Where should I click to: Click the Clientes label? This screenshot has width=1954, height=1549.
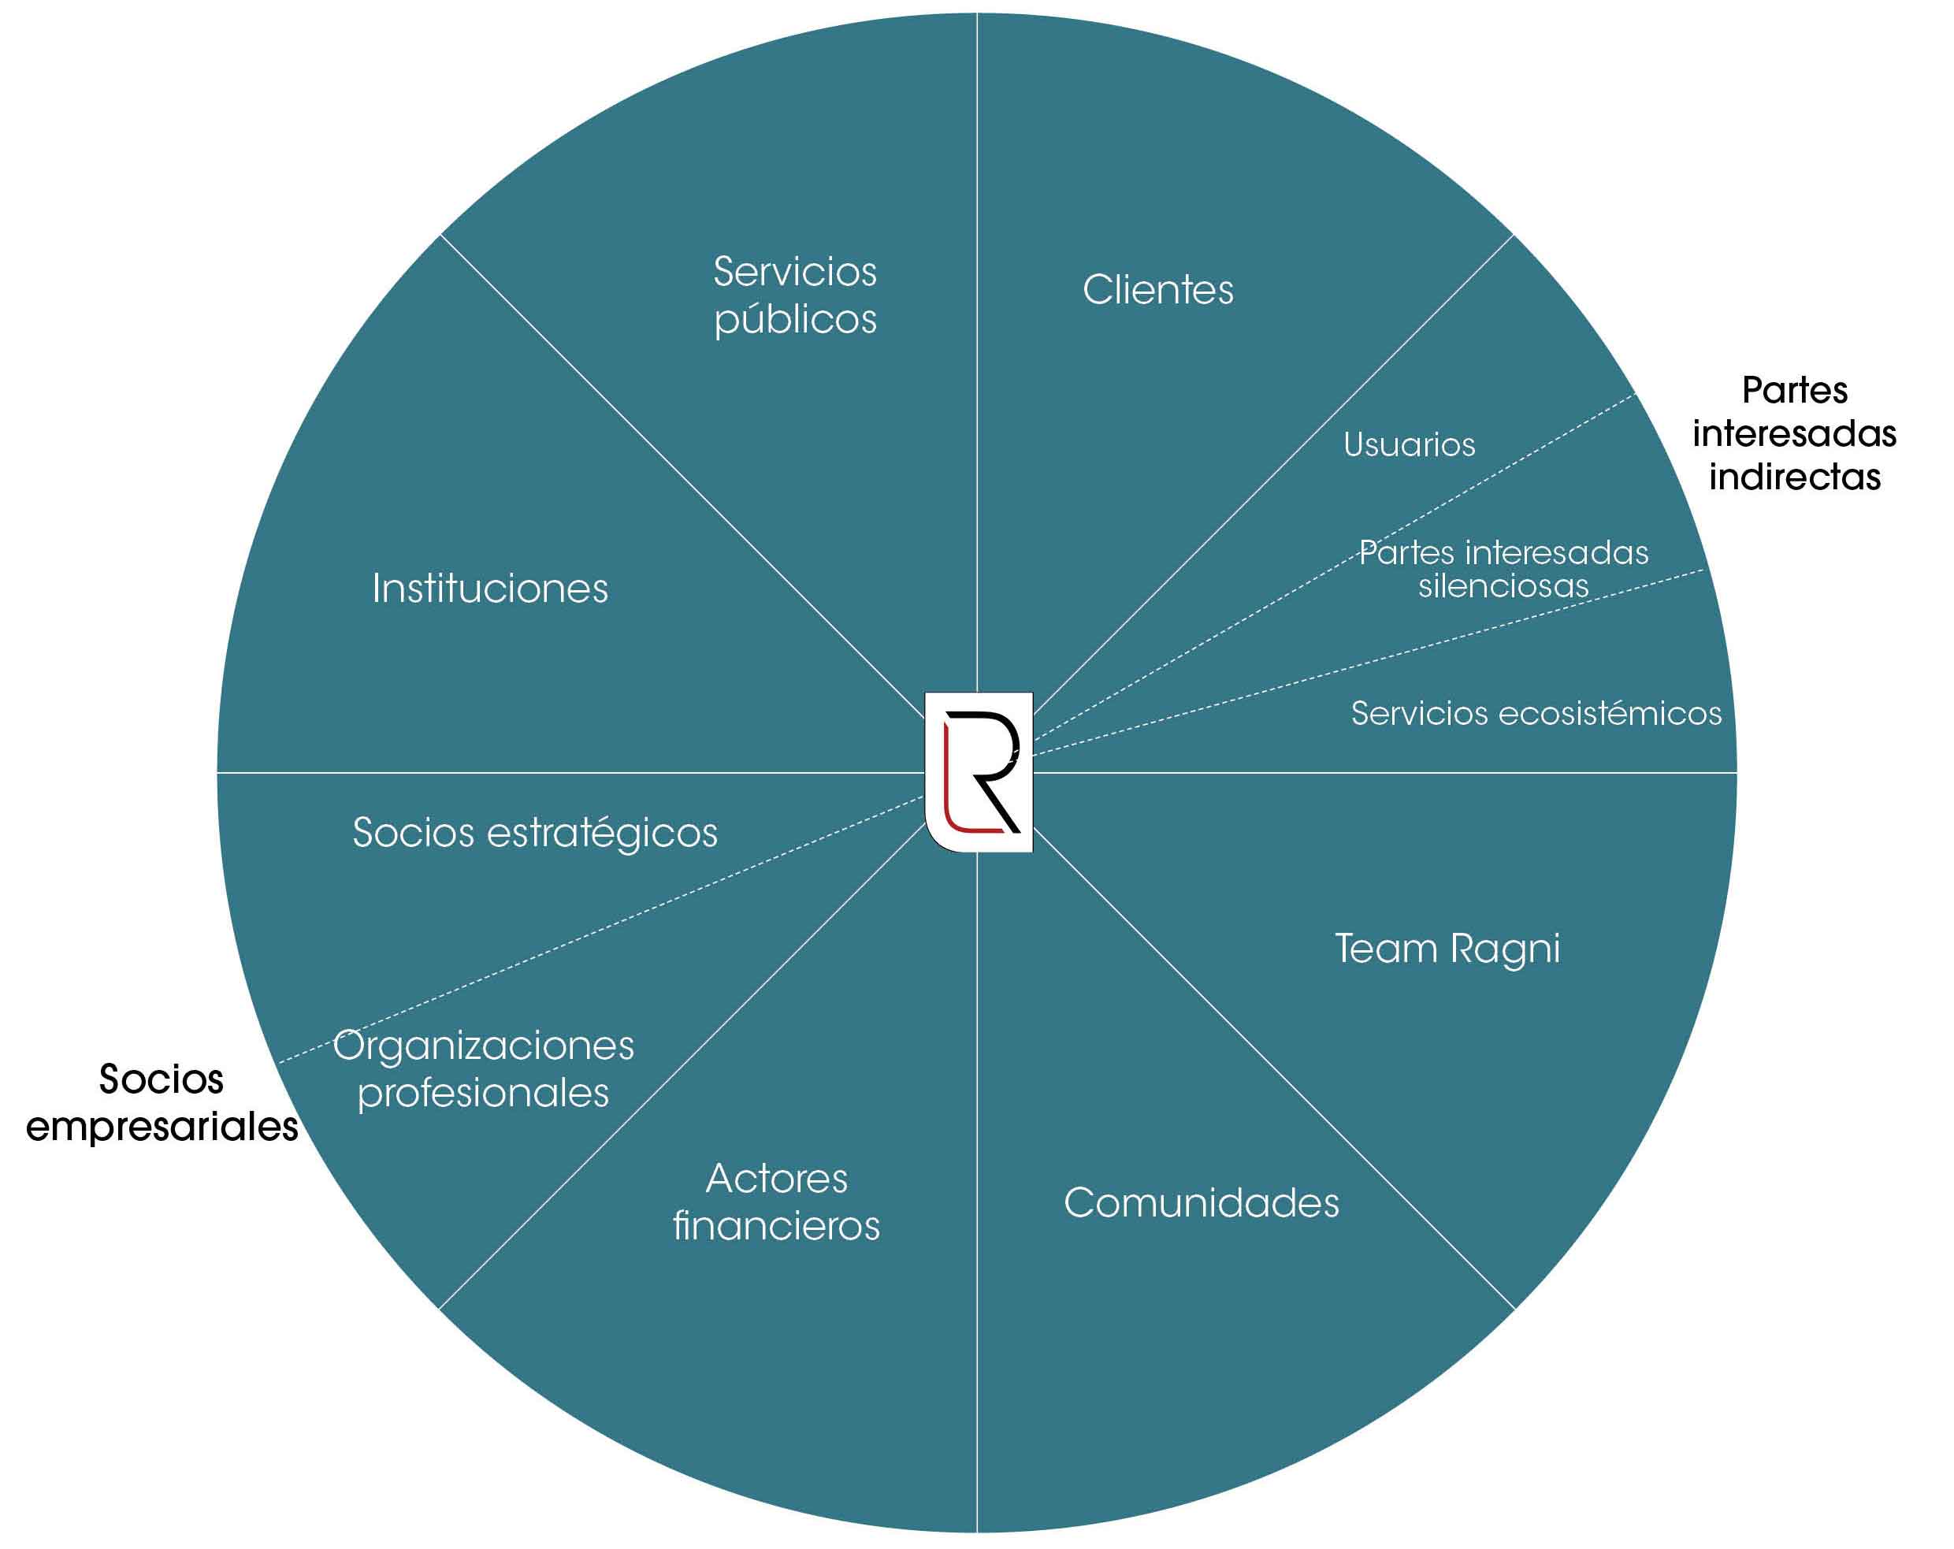click(1157, 290)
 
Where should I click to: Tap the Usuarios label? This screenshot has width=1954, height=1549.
click(1409, 445)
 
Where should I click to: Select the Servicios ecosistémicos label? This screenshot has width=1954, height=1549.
click(1536, 713)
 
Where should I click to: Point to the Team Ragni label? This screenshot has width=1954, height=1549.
click(1447, 949)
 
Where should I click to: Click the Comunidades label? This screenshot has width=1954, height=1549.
click(1201, 1203)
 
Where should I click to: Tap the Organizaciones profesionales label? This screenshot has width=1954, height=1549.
click(483, 1069)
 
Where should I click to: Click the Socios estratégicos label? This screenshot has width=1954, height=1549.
click(535, 833)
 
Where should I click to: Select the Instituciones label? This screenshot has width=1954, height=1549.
click(489, 589)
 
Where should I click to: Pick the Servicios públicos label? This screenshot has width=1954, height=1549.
click(795, 295)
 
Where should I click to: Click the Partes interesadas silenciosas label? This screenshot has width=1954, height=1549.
click(1503, 569)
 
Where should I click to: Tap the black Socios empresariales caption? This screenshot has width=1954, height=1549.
click(162, 1103)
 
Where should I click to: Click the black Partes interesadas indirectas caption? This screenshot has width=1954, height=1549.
click(1795, 433)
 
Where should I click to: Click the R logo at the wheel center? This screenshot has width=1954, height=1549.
click(979, 772)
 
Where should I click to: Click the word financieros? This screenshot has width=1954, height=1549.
click(777, 1226)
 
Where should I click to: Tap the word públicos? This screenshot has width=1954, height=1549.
click(795, 320)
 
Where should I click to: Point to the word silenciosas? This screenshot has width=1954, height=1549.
click(1503, 586)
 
